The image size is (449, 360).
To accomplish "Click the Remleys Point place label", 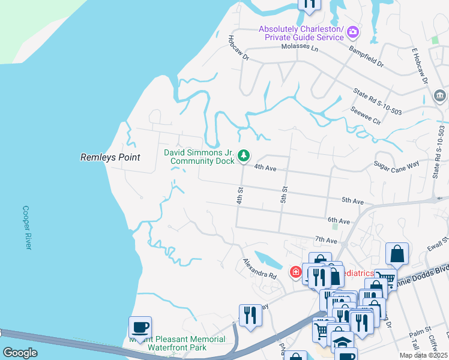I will [x=110, y=157].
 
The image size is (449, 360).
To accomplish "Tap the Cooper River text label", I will [x=26, y=229].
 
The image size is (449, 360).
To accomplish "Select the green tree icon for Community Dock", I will [x=244, y=156].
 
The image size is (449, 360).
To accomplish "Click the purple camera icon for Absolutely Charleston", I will [x=353, y=31].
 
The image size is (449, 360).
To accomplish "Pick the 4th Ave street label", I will [x=265, y=169].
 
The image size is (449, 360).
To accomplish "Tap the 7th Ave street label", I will [x=326, y=239].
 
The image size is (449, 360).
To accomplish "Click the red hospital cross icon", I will [x=295, y=272].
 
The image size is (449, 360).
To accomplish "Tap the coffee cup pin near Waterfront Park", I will [x=140, y=328].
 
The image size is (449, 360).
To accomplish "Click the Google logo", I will [x=20, y=353].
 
